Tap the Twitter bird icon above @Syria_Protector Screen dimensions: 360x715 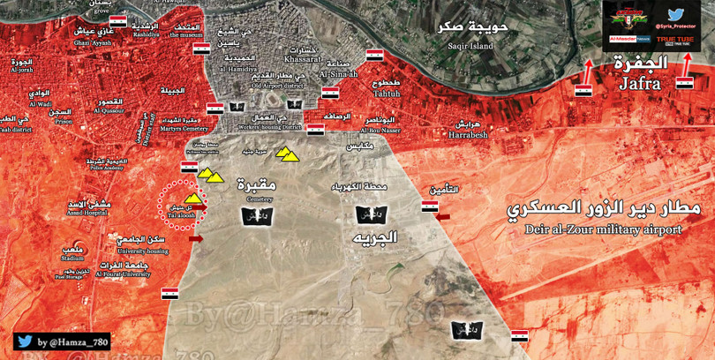[677, 14]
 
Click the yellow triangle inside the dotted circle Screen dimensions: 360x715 [192, 198]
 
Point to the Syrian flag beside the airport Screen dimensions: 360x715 [430, 206]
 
